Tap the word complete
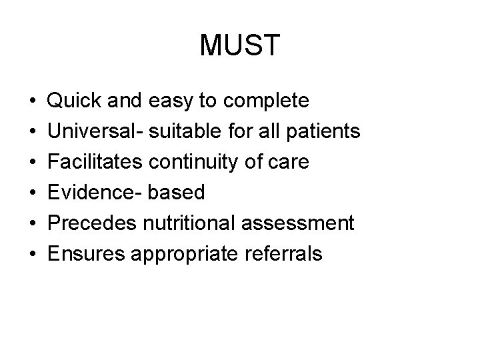(267, 101)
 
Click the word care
(290, 162)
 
